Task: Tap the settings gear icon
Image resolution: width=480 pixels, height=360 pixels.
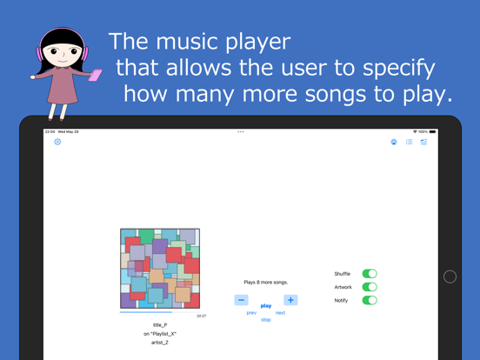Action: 57,142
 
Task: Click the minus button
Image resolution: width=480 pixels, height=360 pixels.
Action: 241,300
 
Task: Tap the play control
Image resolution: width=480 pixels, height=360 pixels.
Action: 266,306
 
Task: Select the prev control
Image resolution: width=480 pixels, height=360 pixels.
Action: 251,313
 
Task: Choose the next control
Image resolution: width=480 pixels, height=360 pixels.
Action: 280,313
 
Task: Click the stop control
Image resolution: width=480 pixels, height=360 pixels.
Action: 266,320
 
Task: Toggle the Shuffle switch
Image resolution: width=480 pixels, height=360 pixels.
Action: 370,274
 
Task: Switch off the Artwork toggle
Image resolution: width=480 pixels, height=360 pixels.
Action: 370,287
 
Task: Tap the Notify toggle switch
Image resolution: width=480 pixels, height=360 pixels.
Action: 370,300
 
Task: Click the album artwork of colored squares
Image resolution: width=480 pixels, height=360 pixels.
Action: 160,268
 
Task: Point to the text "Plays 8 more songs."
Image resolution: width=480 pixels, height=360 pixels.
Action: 266,283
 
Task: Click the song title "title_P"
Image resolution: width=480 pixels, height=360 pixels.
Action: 160,325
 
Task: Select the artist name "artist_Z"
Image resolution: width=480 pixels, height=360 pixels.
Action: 160,343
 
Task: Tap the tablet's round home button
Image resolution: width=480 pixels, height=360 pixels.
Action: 450,277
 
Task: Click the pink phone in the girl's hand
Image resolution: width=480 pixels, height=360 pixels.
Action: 95,75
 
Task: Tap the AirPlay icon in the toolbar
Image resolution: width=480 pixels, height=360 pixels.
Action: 394,142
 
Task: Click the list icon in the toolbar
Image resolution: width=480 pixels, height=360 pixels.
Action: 409,142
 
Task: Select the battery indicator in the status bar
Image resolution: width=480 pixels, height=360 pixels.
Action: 432,131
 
